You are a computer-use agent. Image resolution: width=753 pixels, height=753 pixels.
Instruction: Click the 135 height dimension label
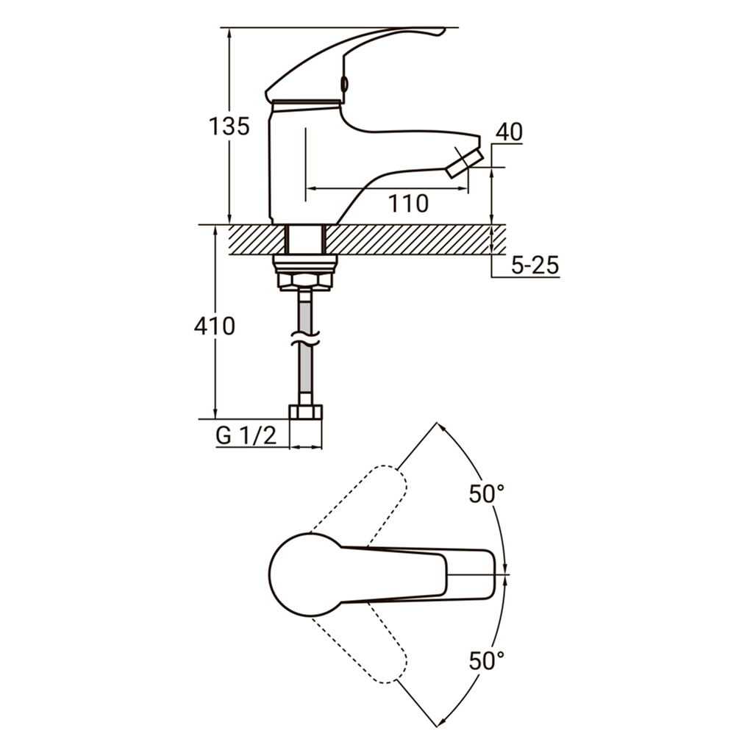[x=229, y=126]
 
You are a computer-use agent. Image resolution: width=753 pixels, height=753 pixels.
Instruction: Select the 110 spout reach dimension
[x=408, y=204]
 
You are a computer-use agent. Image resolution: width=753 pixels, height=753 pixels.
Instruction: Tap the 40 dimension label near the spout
[x=509, y=132]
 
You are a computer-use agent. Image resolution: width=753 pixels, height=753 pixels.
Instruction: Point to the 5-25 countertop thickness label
[x=535, y=265]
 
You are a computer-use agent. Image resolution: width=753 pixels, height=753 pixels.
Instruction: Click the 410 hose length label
[x=215, y=326]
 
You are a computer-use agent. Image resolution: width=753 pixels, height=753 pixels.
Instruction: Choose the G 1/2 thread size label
[x=246, y=435]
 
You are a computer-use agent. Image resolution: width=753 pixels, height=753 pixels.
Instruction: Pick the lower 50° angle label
[x=487, y=660]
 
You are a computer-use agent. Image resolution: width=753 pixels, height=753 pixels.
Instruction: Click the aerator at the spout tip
[x=465, y=164]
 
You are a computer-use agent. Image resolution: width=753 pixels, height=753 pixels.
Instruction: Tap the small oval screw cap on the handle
[x=344, y=84]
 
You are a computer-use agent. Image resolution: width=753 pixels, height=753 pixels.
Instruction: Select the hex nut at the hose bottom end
[x=305, y=412]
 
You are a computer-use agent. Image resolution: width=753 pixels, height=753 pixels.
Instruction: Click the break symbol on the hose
[x=305, y=338]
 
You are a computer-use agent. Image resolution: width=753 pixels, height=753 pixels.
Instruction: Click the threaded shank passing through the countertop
[x=306, y=239]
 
